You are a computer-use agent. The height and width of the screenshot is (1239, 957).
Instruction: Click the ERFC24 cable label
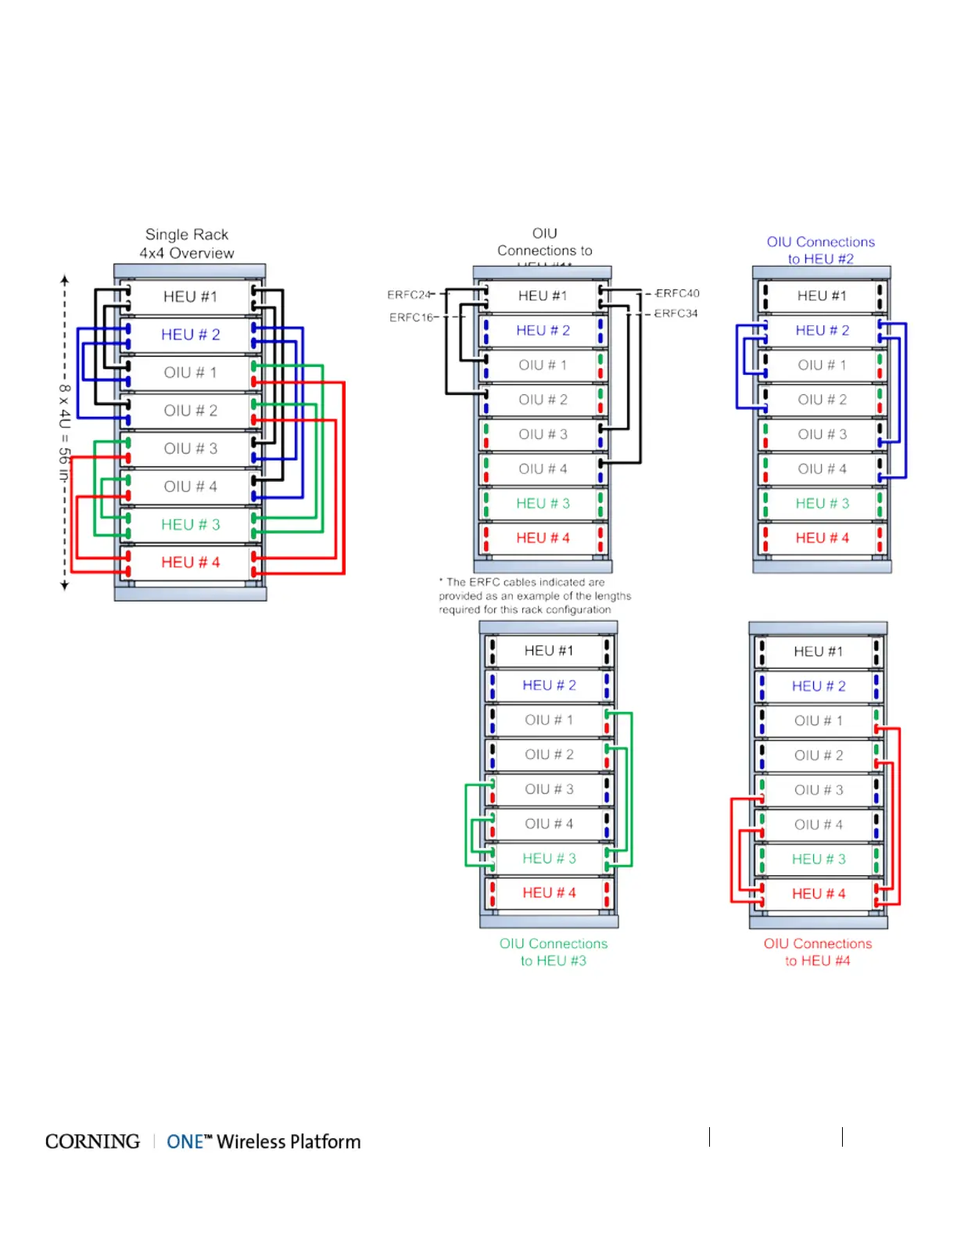[x=409, y=295]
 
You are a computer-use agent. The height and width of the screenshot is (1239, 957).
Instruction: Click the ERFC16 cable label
[x=411, y=318]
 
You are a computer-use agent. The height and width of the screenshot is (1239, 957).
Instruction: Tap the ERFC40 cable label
[x=677, y=293]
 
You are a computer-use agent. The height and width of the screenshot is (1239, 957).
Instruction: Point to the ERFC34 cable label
[x=676, y=314]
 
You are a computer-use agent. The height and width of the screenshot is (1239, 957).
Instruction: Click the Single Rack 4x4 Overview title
[x=187, y=244]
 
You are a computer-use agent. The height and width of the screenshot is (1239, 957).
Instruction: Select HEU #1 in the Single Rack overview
[x=190, y=297]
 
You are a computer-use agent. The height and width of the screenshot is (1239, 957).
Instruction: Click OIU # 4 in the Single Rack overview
[x=190, y=487]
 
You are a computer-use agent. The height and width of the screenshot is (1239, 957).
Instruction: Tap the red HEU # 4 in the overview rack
[x=190, y=562]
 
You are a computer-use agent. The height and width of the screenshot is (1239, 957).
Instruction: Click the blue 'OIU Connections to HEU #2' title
[x=821, y=250]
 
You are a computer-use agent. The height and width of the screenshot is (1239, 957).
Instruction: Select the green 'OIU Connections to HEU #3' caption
[x=554, y=952]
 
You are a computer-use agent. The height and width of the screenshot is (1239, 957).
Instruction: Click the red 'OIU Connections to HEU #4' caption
[x=818, y=952]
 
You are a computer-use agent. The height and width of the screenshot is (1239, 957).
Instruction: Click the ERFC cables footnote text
[x=535, y=596]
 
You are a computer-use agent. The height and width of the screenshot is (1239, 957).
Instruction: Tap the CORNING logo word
[x=92, y=1142]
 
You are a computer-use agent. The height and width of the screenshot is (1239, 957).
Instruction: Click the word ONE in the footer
[x=185, y=1142]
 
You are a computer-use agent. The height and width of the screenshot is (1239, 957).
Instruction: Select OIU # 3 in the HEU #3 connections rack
[x=549, y=789]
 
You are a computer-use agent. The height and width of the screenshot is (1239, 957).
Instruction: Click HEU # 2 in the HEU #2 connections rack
[x=821, y=331]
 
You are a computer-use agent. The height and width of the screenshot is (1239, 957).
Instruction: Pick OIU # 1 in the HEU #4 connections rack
[x=819, y=720]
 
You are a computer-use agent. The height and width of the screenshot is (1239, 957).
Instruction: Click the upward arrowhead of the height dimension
[x=65, y=278]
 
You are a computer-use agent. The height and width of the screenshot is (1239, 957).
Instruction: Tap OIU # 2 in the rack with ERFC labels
[x=543, y=400]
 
